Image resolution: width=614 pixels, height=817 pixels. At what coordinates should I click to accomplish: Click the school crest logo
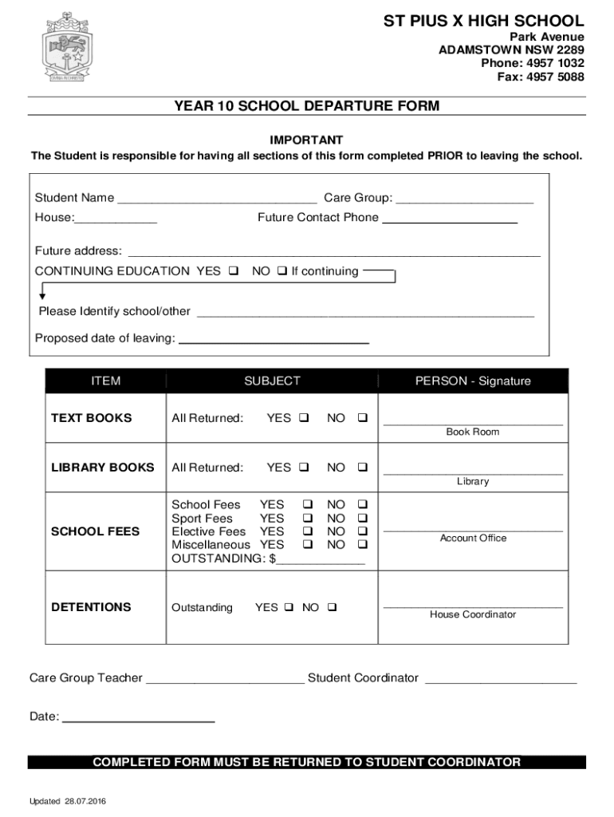pos(66,47)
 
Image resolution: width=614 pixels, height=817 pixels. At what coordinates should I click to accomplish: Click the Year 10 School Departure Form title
pos(307,106)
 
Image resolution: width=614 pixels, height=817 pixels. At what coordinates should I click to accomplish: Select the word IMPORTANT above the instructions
pos(306,140)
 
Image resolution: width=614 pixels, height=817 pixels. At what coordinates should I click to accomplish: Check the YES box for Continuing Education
pos(234,271)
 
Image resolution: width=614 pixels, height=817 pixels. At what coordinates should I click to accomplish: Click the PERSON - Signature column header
pos(473,381)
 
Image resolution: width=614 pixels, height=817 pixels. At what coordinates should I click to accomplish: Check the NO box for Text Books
pos(363,418)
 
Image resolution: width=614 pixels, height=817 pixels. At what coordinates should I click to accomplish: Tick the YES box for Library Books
pos(304,468)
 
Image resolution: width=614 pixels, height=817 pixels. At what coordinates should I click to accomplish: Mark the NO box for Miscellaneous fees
pos(363,544)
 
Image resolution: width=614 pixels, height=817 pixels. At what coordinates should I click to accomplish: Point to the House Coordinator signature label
pos(473,614)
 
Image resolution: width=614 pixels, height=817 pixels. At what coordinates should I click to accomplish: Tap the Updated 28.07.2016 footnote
pos(68,801)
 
